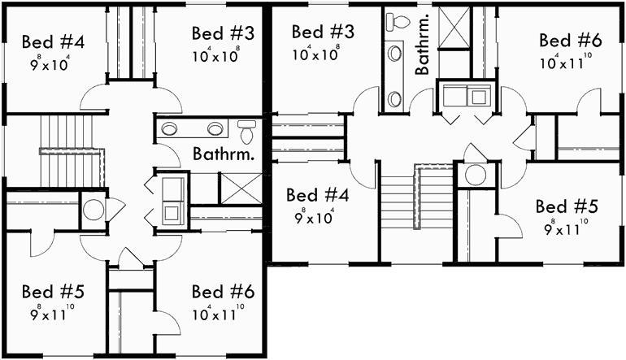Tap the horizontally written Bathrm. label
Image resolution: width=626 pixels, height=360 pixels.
[x=224, y=152]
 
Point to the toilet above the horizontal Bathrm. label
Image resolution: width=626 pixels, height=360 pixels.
[x=247, y=127]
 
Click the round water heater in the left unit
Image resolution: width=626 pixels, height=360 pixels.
[x=94, y=208]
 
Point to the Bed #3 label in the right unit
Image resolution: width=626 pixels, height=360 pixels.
[x=323, y=33]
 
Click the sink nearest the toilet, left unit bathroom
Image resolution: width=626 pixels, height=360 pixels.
[x=216, y=128]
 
